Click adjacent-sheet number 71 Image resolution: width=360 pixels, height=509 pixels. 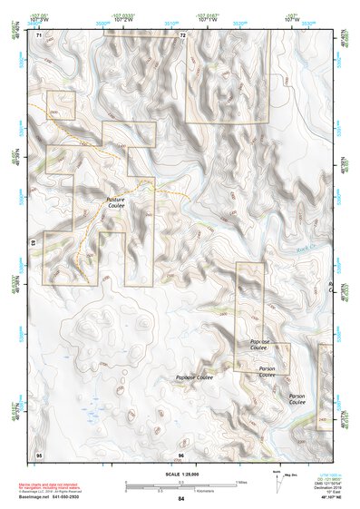tap(39, 35)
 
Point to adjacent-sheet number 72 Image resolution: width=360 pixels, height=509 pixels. tap(182, 35)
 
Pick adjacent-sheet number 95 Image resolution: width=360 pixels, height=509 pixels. tap(39, 454)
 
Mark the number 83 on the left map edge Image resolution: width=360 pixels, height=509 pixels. tap(34, 243)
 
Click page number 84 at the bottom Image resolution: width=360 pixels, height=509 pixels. tap(181, 499)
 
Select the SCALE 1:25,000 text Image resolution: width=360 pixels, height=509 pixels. tap(181, 474)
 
